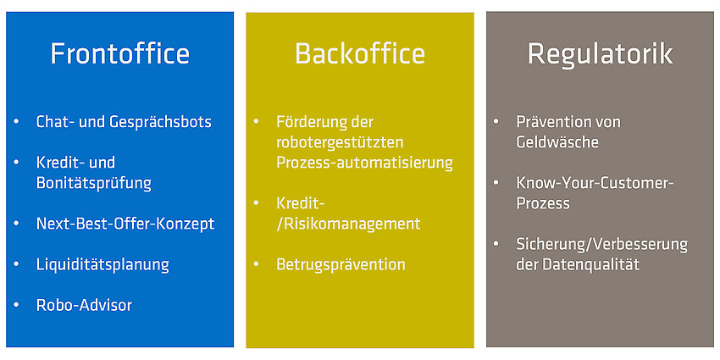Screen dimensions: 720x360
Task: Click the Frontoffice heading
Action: point(119,53)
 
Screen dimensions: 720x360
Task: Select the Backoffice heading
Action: point(360,53)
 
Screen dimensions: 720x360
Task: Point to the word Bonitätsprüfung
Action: point(94,184)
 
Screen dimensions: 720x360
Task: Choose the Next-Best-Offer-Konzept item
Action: point(125,224)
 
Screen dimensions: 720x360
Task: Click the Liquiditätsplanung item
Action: point(102,265)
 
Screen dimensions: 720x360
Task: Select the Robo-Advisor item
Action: point(84,305)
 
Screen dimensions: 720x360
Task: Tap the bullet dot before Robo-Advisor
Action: point(17,304)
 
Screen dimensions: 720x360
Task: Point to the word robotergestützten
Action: point(340,143)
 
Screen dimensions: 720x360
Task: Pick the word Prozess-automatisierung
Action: point(364,163)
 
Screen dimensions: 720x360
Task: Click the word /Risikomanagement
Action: point(348,224)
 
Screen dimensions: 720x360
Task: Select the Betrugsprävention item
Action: point(341,265)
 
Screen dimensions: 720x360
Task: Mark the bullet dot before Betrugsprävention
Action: point(257,264)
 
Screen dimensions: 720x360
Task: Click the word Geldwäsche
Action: point(557,142)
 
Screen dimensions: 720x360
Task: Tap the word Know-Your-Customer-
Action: point(595,183)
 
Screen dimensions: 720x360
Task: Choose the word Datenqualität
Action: point(591,265)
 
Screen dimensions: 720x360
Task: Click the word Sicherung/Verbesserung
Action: point(602,245)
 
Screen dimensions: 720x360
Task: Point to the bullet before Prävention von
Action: point(496,122)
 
